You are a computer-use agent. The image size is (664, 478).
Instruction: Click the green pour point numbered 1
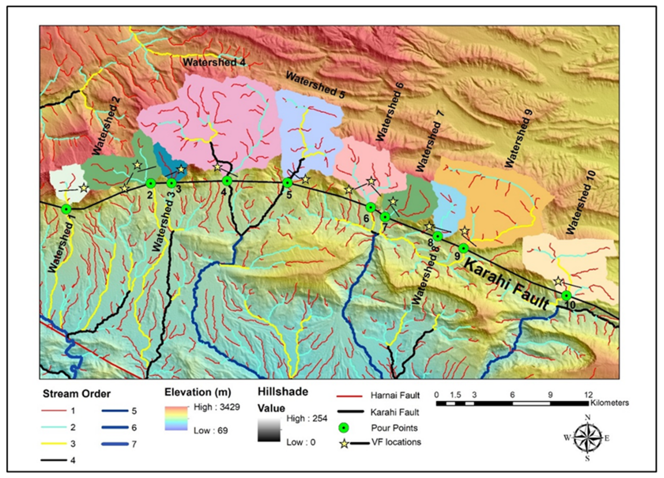[66, 209]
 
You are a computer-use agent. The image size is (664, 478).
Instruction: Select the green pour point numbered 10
[566, 296]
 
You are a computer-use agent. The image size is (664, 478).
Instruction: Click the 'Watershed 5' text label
[315, 85]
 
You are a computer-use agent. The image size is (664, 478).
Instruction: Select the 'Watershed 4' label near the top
[214, 62]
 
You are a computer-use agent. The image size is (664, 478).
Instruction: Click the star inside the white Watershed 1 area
[84, 188]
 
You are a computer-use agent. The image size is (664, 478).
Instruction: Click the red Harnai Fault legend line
[349, 397]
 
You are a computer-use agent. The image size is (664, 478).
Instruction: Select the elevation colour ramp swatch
[176, 418]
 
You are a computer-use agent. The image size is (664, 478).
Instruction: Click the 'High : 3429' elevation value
[217, 407]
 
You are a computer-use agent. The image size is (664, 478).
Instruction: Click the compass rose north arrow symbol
[587, 438]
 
